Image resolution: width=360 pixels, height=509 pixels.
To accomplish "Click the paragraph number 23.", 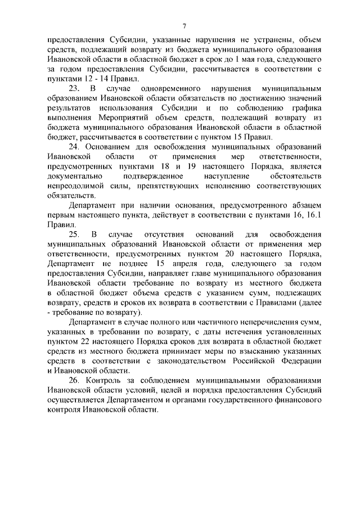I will [74, 89].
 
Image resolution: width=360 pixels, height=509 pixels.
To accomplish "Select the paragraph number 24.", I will [74, 147].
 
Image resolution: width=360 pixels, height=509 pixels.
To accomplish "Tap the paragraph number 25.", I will [74, 233].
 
